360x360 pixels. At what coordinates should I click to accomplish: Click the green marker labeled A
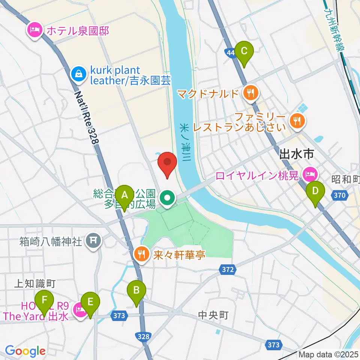pos(124,195)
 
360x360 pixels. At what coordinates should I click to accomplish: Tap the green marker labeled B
pos(136,290)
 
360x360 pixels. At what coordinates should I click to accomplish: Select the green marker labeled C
pos(244,51)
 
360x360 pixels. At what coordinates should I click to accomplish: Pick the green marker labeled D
pos(315,191)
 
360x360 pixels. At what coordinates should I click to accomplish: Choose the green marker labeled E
pos(90,301)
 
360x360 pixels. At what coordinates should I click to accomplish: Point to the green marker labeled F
pos(45,300)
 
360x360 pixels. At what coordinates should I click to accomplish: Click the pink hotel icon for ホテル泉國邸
pos(35,30)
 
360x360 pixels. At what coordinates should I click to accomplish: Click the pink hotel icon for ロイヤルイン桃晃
pos(310,174)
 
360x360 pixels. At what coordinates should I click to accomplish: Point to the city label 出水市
pos(296,154)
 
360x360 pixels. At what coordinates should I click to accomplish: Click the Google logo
pos(25,351)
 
